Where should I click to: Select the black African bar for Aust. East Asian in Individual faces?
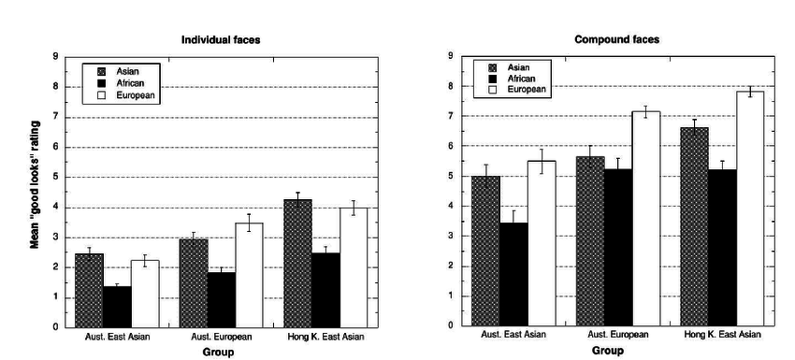(117, 307)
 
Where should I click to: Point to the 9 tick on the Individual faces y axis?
(54, 57)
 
